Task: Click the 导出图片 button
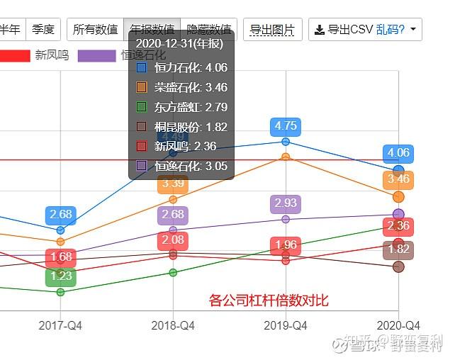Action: (x=273, y=30)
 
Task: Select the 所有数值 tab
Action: (x=96, y=30)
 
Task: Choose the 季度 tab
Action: (x=43, y=30)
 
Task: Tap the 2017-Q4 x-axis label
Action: (x=60, y=325)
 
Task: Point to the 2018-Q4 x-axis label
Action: (x=173, y=325)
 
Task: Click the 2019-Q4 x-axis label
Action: (x=286, y=325)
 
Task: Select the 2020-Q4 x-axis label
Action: (x=398, y=325)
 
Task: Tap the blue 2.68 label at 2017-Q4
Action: (x=61, y=215)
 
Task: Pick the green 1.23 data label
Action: (x=61, y=276)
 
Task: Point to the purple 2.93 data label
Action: (x=286, y=203)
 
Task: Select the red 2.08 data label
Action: (x=173, y=240)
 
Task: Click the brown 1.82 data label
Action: (x=398, y=249)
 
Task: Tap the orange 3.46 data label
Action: (x=398, y=179)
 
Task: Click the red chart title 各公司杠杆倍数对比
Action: (x=269, y=300)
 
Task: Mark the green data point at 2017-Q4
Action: (x=60, y=292)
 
